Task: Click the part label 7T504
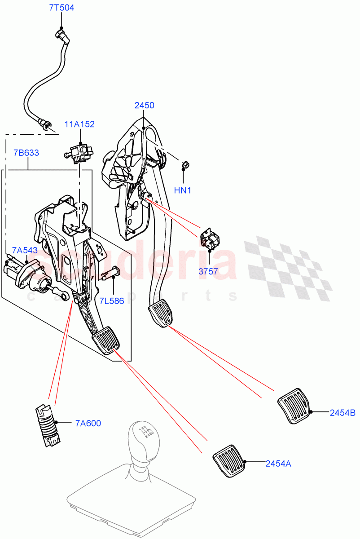(x=61, y=8)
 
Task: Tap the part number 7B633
(x=26, y=153)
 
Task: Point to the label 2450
(x=144, y=106)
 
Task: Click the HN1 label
(x=183, y=190)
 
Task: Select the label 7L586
(x=112, y=300)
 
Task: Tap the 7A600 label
(x=88, y=423)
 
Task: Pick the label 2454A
(x=278, y=463)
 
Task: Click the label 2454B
(x=342, y=413)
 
